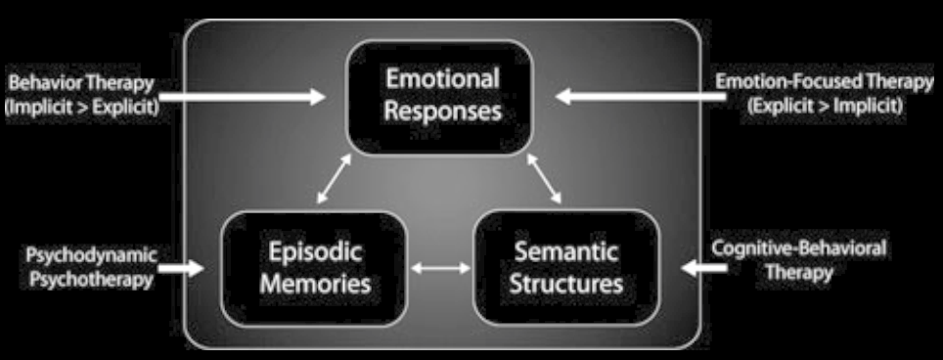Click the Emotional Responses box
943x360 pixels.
[x=442, y=96]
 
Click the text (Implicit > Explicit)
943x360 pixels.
[x=81, y=107]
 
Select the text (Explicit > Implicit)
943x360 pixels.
[x=825, y=107]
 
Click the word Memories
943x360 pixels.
[x=313, y=285]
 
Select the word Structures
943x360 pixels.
[x=571, y=285]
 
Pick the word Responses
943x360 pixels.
[x=442, y=111]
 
